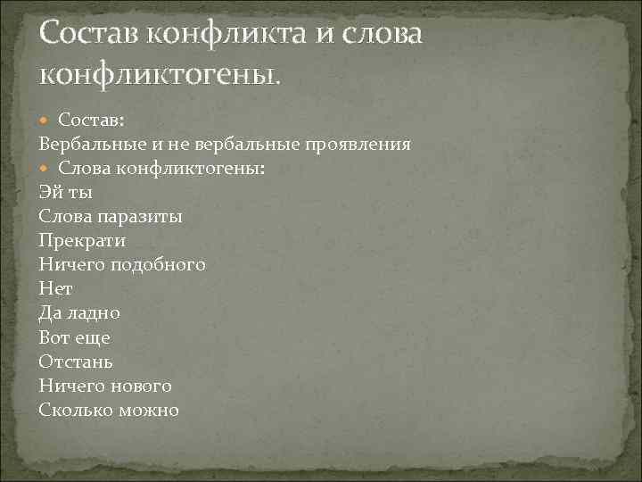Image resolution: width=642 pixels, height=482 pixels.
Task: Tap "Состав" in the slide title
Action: click(x=89, y=35)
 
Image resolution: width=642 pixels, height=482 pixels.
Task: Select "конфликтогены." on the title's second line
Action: click(x=160, y=76)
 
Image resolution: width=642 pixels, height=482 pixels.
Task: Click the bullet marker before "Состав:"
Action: click(x=46, y=120)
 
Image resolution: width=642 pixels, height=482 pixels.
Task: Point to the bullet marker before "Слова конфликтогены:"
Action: click(x=46, y=168)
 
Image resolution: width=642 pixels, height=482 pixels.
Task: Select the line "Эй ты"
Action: click(x=66, y=192)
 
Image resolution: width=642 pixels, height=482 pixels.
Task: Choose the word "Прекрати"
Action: click(x=82, y=240)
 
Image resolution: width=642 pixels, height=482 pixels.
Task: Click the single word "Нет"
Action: click(x=55, y=289)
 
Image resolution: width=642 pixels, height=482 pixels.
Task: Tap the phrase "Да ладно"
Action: click(x=79, y=313)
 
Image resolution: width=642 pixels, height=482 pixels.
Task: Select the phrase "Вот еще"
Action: click(x=74, y=337)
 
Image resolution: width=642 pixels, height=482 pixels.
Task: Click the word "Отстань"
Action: click(x=76, y=361)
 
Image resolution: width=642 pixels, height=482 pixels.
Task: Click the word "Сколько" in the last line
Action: click(x=77, y=410)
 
